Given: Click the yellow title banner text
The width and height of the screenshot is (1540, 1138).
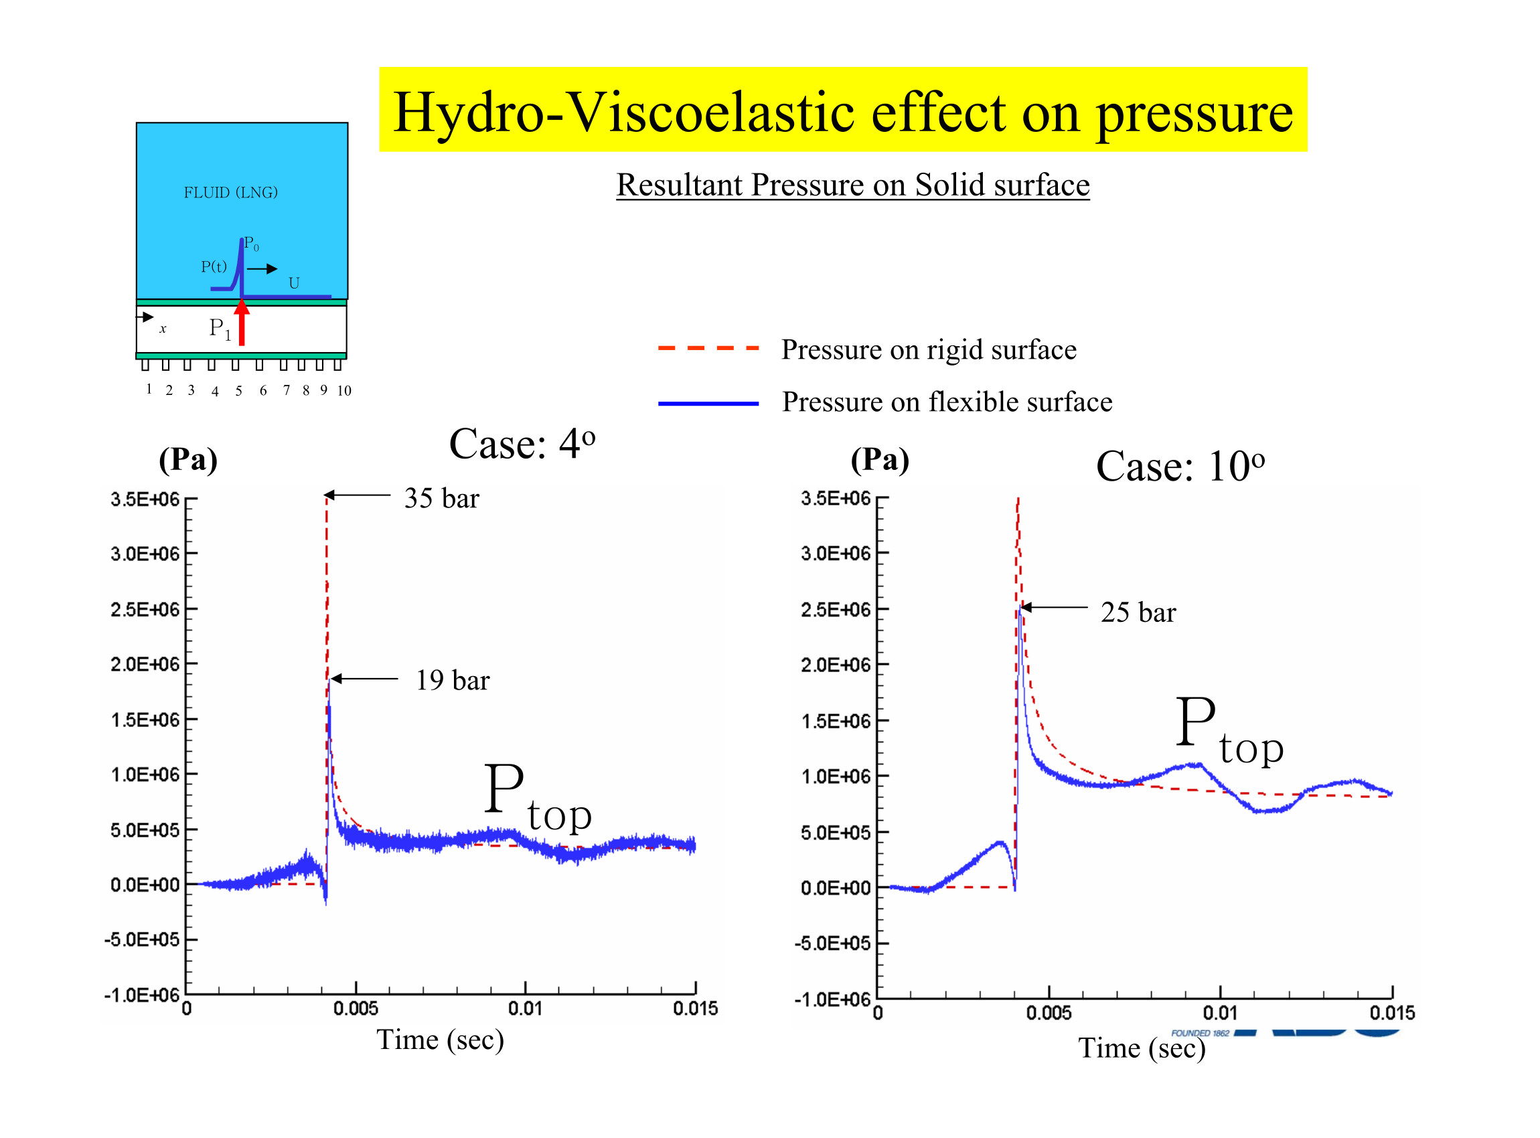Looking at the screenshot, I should point(842,112).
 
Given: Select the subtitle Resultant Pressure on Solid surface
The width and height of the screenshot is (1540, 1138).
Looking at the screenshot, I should point(852,185).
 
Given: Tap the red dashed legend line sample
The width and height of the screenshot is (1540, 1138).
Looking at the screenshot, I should point(708,349).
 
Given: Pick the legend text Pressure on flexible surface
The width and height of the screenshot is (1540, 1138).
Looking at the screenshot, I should point(947,402).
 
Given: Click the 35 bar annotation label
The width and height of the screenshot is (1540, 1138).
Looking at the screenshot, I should point(441,498).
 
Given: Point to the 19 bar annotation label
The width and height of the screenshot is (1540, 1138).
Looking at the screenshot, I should point(452,680).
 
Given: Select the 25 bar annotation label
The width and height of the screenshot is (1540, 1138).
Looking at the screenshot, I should point(1138,612).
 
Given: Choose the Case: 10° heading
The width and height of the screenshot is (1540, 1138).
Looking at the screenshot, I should point(1180,467).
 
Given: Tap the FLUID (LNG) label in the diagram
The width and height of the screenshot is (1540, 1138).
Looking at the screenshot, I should point(230,192).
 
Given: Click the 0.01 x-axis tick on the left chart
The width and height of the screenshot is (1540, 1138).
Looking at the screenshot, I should point(525,1009).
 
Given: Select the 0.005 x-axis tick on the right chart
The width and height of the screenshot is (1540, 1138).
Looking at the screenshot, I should point(1048,1013).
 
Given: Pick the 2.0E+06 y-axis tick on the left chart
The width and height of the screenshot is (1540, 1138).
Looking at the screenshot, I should point(145,664).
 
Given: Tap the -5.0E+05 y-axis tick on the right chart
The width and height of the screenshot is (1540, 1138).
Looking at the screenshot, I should point(832,943).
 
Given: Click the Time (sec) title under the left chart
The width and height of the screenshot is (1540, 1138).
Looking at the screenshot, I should point(440,1040).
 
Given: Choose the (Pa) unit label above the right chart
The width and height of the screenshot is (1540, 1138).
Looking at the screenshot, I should point(879,459).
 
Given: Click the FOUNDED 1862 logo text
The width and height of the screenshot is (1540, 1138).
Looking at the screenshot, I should point(1200,1033).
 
